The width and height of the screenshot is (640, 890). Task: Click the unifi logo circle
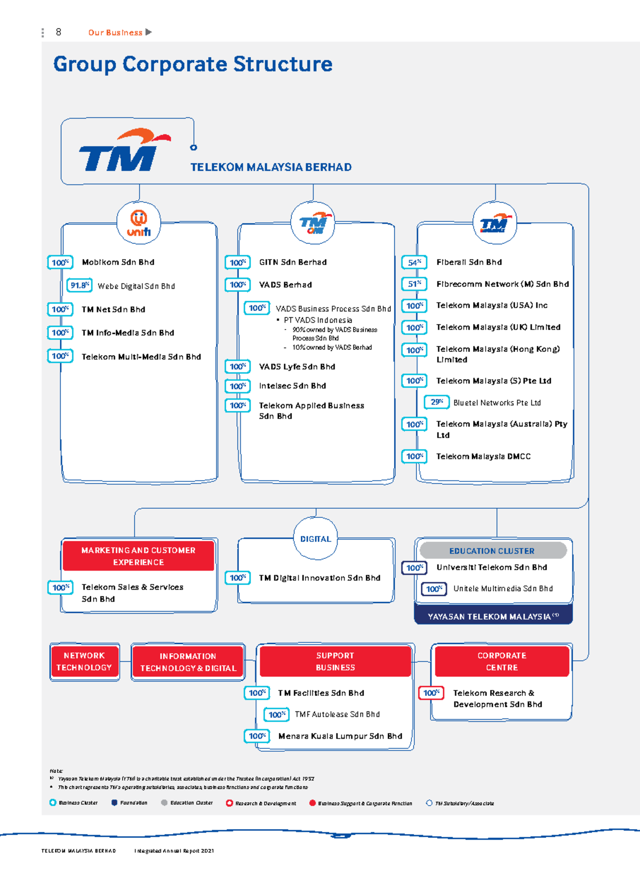[139, 223]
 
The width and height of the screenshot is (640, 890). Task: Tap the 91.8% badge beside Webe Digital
[79, 285]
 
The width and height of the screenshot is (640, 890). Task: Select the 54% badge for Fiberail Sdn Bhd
[414, 262]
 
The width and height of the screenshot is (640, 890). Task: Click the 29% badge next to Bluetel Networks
[437, 402]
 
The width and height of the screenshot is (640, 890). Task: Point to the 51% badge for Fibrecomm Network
[414, 284]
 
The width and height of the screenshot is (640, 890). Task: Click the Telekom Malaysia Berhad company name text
[271, 167]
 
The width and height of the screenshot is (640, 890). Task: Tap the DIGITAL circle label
[315, 539]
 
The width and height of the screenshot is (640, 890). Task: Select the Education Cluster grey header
[492, 551]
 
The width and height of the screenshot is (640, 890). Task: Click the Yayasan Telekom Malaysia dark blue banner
[493, 616]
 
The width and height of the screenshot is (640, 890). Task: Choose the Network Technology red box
[84, 662]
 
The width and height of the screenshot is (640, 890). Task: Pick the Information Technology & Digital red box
[188, 662]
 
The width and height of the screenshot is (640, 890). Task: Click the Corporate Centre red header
[502, 662]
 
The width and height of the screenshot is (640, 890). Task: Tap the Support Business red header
[335, 662]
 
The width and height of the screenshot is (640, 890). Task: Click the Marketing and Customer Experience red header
[139, 556]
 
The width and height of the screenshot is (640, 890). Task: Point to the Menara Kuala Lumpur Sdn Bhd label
[340, 736]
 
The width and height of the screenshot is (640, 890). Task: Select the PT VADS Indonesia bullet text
[318, 320]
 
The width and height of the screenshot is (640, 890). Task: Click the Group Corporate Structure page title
[193, 65]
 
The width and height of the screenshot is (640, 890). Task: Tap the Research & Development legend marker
[229, 803]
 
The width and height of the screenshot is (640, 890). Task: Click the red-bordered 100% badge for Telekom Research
[431, 693]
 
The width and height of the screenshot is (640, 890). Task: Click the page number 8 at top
[59, 32]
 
